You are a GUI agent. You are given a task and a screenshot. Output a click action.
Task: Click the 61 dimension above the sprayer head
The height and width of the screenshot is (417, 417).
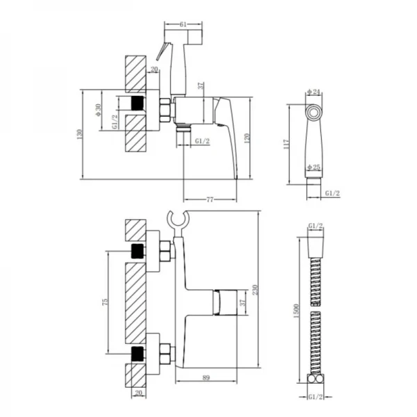tap(183, 25)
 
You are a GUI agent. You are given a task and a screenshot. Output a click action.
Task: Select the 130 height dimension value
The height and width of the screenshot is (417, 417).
tap(80, 135)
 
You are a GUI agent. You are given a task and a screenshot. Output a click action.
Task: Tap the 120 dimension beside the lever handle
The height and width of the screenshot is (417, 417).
tap(247, 138)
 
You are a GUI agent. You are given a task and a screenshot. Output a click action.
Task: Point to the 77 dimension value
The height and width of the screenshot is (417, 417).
tap(210, 199)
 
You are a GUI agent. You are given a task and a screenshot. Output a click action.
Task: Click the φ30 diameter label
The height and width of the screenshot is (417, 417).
tap(99, 110)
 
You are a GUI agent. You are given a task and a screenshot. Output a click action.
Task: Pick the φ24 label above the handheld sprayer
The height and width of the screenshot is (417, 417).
tap(313, 92)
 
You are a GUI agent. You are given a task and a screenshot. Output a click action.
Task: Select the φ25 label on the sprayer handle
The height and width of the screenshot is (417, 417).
tap(314, 167)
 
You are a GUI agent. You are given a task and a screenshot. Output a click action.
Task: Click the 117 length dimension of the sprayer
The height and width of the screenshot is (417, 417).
tap(286, 144)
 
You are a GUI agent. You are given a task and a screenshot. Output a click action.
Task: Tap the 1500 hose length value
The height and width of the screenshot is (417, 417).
tap(297, 311)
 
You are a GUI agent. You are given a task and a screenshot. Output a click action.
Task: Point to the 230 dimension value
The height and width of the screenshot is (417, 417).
tap(255, 290)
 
